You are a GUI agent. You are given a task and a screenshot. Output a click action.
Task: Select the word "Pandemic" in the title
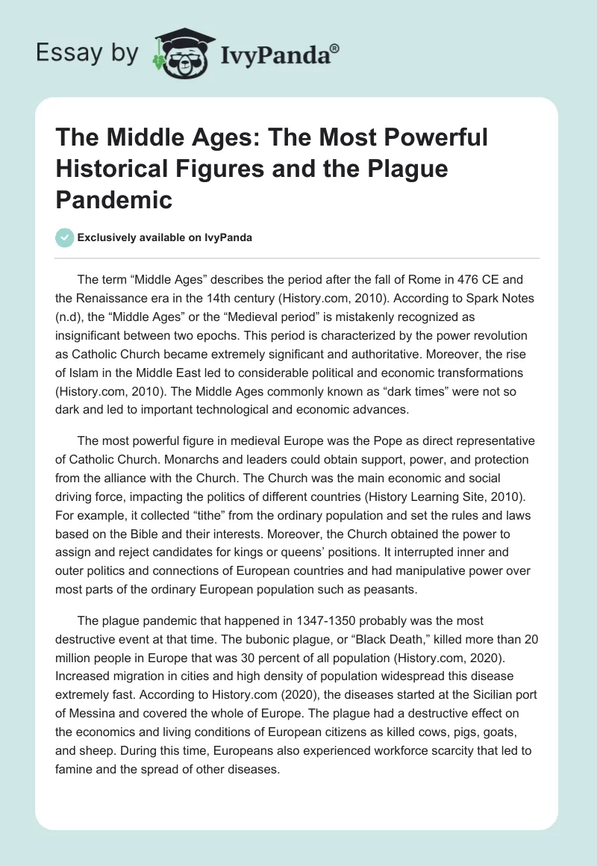point(114,199)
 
